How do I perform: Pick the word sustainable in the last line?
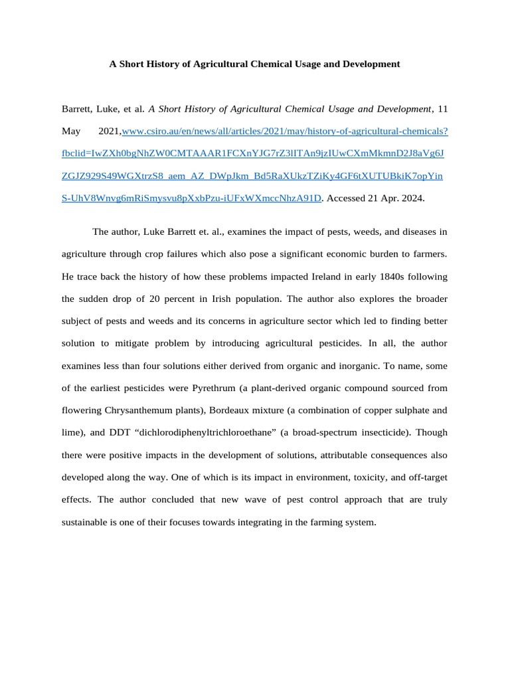85,522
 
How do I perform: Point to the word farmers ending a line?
430,254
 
